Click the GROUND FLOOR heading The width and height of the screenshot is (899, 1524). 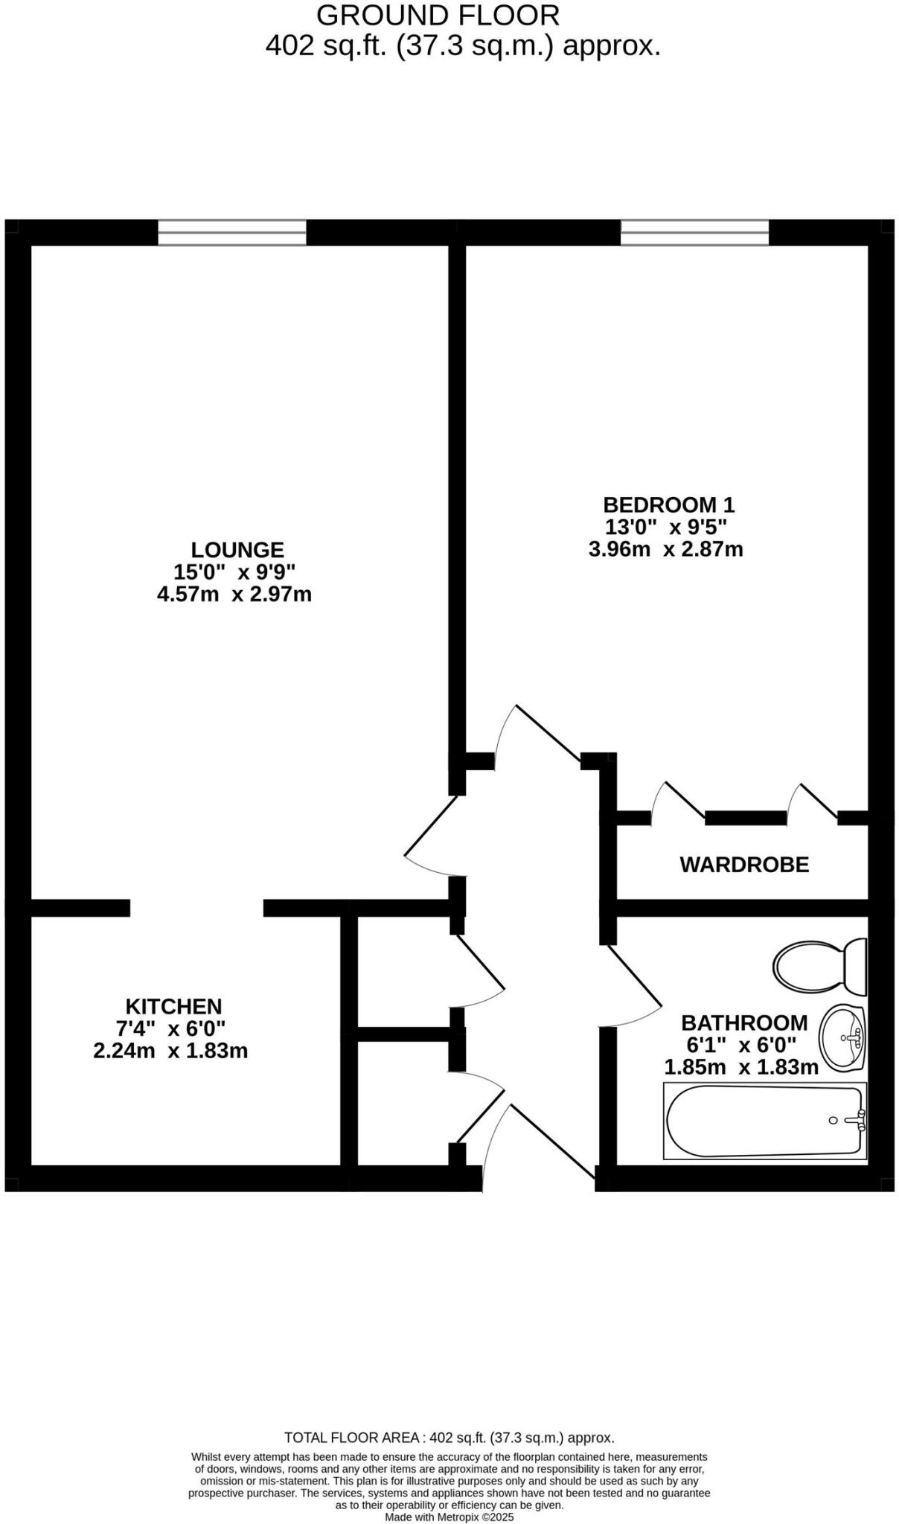438,15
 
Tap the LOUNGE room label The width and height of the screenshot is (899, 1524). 237,550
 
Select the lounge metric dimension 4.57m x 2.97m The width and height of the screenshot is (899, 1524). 234,595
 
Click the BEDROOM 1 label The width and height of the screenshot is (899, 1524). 668,505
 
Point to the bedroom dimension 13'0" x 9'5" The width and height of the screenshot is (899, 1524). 665,527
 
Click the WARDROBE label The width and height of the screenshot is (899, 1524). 743,865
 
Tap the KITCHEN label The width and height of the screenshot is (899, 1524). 173,1006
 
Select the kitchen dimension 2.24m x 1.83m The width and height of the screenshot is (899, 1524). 170,1051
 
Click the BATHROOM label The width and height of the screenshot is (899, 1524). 744,1022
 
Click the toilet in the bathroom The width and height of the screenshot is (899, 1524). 819,967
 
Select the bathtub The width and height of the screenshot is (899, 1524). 765,1121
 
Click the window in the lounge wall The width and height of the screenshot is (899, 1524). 231,232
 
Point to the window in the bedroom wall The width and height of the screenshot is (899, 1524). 694,232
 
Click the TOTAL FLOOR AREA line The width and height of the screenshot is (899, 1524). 449,1438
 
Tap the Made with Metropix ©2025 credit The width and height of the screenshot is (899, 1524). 449,1517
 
